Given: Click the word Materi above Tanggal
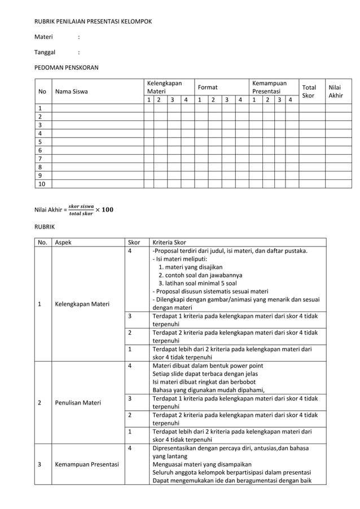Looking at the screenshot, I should coord(43,37).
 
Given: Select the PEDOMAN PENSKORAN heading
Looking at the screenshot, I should coord(67,68).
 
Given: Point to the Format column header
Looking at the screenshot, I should coord(207,87).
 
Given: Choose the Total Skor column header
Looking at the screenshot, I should coord(309,91).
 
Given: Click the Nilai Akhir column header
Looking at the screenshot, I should coord(336,91).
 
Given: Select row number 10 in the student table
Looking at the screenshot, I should coord(42,183).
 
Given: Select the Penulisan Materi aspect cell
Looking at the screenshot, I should coord(78,403).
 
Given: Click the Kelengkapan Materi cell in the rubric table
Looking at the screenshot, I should coord(82,304).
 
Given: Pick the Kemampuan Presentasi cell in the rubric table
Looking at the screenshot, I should coord(86,464).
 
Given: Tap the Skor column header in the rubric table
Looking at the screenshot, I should coord(134,242).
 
